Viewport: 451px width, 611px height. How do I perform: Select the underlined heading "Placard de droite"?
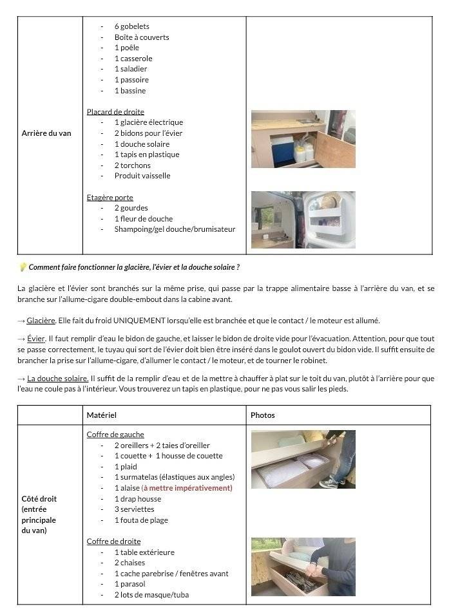pyautogui.click(x=115, y=112)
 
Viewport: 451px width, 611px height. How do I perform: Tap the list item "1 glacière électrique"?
pyautogui.click(x=148, y=122)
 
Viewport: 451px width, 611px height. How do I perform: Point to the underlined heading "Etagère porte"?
pyautogui.click(x=110, y=198)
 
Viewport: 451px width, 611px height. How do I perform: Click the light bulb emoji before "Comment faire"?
pyautogui.click(x=23, y=267)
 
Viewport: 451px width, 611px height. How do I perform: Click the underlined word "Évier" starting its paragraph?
pyautogui.click(x=36, y=339)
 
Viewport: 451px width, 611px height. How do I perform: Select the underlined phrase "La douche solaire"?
pyautogui.click(x=57, y=378)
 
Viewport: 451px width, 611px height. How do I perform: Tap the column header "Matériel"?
pyautogui.click(x=101, y=415)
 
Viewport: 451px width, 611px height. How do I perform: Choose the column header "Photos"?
pyautogui.click(x=262, y=415)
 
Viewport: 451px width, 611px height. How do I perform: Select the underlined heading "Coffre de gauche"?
pyautogui.click(x=115, y=435)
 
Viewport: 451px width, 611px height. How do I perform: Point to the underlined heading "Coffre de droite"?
pyautogui.click(x=113, y=541)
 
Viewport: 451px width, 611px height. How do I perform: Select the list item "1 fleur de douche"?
pyautogui.click(x=143, y=219)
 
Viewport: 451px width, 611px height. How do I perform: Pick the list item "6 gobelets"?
pyautogui.click(x=131, y=26)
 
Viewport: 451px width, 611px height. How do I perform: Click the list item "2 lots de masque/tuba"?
pyautogui.click(x=151, y=595)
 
